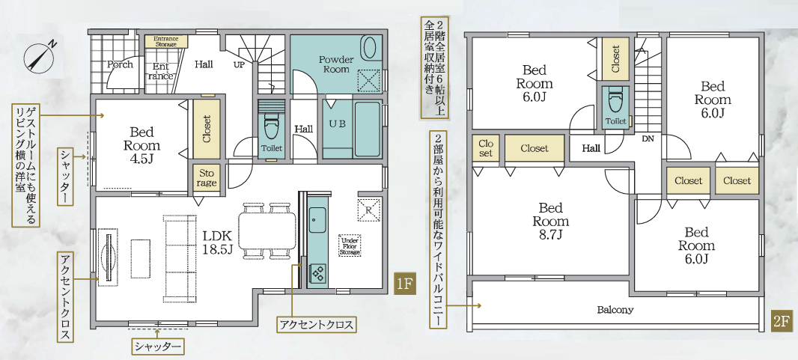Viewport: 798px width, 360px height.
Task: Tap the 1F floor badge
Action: (x=404, y=284)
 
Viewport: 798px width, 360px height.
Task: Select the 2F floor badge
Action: (x=782, y=322)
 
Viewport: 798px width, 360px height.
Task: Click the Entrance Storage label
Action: (x=165, y=41)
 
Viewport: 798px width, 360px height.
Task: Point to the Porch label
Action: (x=120, y=64)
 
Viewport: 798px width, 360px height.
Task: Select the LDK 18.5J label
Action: (x=218, y=242)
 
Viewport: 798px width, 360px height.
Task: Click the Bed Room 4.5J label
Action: (x=142, y=145)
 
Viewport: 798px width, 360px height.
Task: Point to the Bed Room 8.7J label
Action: (x=551, y=221)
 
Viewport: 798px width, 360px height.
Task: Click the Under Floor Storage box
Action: (x=350, y=245)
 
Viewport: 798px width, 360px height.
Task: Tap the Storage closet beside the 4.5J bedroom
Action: (x=207, y=178)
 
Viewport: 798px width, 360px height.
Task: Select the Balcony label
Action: (x=615, y=310)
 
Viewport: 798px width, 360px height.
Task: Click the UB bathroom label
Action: (x=336, y=123)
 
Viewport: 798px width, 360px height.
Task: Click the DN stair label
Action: (x=648, y=138)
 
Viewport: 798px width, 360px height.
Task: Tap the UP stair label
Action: (x=239, y=64)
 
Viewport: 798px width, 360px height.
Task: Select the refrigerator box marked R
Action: (x=370, y=210)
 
